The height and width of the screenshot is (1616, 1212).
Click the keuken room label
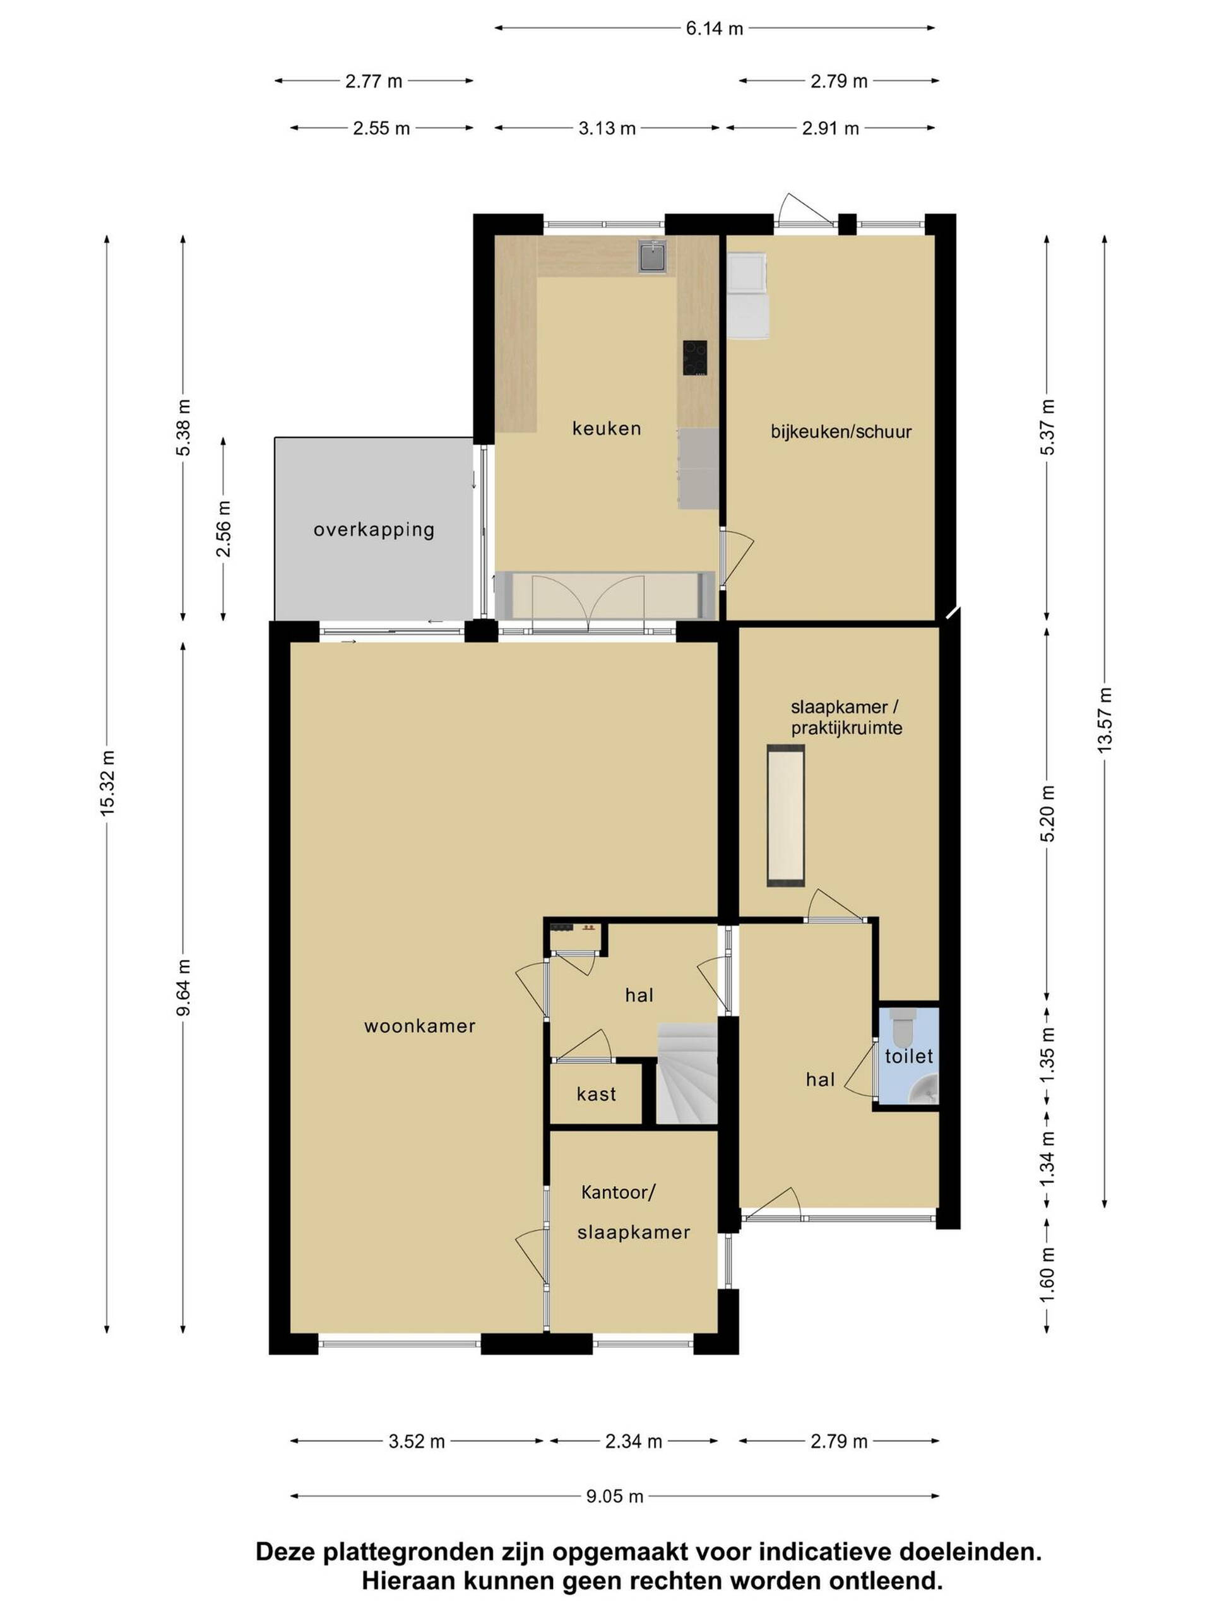[x=605, y=428]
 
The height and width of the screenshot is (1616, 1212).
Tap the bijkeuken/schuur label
[x=841, y=431]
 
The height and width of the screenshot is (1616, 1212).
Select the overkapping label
[x=373, y=530]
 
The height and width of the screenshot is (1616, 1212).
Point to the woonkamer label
[x=419, y=1026]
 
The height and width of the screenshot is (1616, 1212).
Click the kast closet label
[x=596, y=1094]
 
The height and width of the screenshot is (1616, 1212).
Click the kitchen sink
[x=652, y=256]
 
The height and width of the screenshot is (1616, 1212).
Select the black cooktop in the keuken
[x=694, y=358]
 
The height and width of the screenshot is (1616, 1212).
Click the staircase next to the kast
[x=687, y=1073]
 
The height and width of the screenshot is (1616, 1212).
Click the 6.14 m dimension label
[x=714, y=28]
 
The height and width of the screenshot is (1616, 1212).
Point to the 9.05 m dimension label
[x=614, y=1496]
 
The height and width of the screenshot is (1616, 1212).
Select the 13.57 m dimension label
[x=1104, y=720]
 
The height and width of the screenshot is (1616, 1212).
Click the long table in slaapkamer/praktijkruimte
[x=785, y=816]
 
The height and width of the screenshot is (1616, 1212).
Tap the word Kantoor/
[x=618, y=1192]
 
